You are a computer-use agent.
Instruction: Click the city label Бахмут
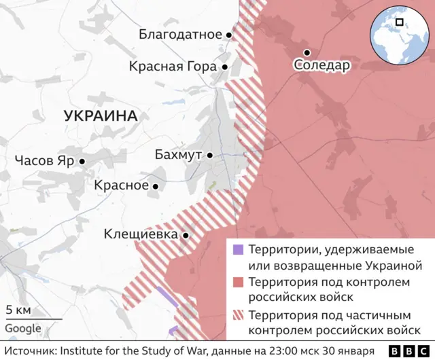pos(178,155)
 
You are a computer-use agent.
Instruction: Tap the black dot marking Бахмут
pos(210,156)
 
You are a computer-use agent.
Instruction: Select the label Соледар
pos(322,66)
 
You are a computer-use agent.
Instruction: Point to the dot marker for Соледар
pos(307,52)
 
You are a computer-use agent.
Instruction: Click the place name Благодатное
pos(180,34)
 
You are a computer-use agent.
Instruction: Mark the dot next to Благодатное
pos(229,35)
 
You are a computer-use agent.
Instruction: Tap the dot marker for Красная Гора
pos(224,67)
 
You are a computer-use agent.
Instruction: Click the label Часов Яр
pos(43,161)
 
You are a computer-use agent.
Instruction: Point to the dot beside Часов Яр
pos(82,162)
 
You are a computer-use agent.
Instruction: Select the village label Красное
pos(121,185)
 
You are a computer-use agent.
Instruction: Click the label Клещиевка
pos(141,234)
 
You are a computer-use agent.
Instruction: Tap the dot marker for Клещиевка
pos(186,235)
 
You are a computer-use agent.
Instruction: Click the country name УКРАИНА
pos(101,116)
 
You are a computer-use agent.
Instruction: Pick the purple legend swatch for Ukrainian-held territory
pos(237,249)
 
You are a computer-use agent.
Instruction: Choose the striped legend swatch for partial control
pos(237,315)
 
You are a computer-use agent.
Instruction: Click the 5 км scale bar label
pos(18,310)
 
